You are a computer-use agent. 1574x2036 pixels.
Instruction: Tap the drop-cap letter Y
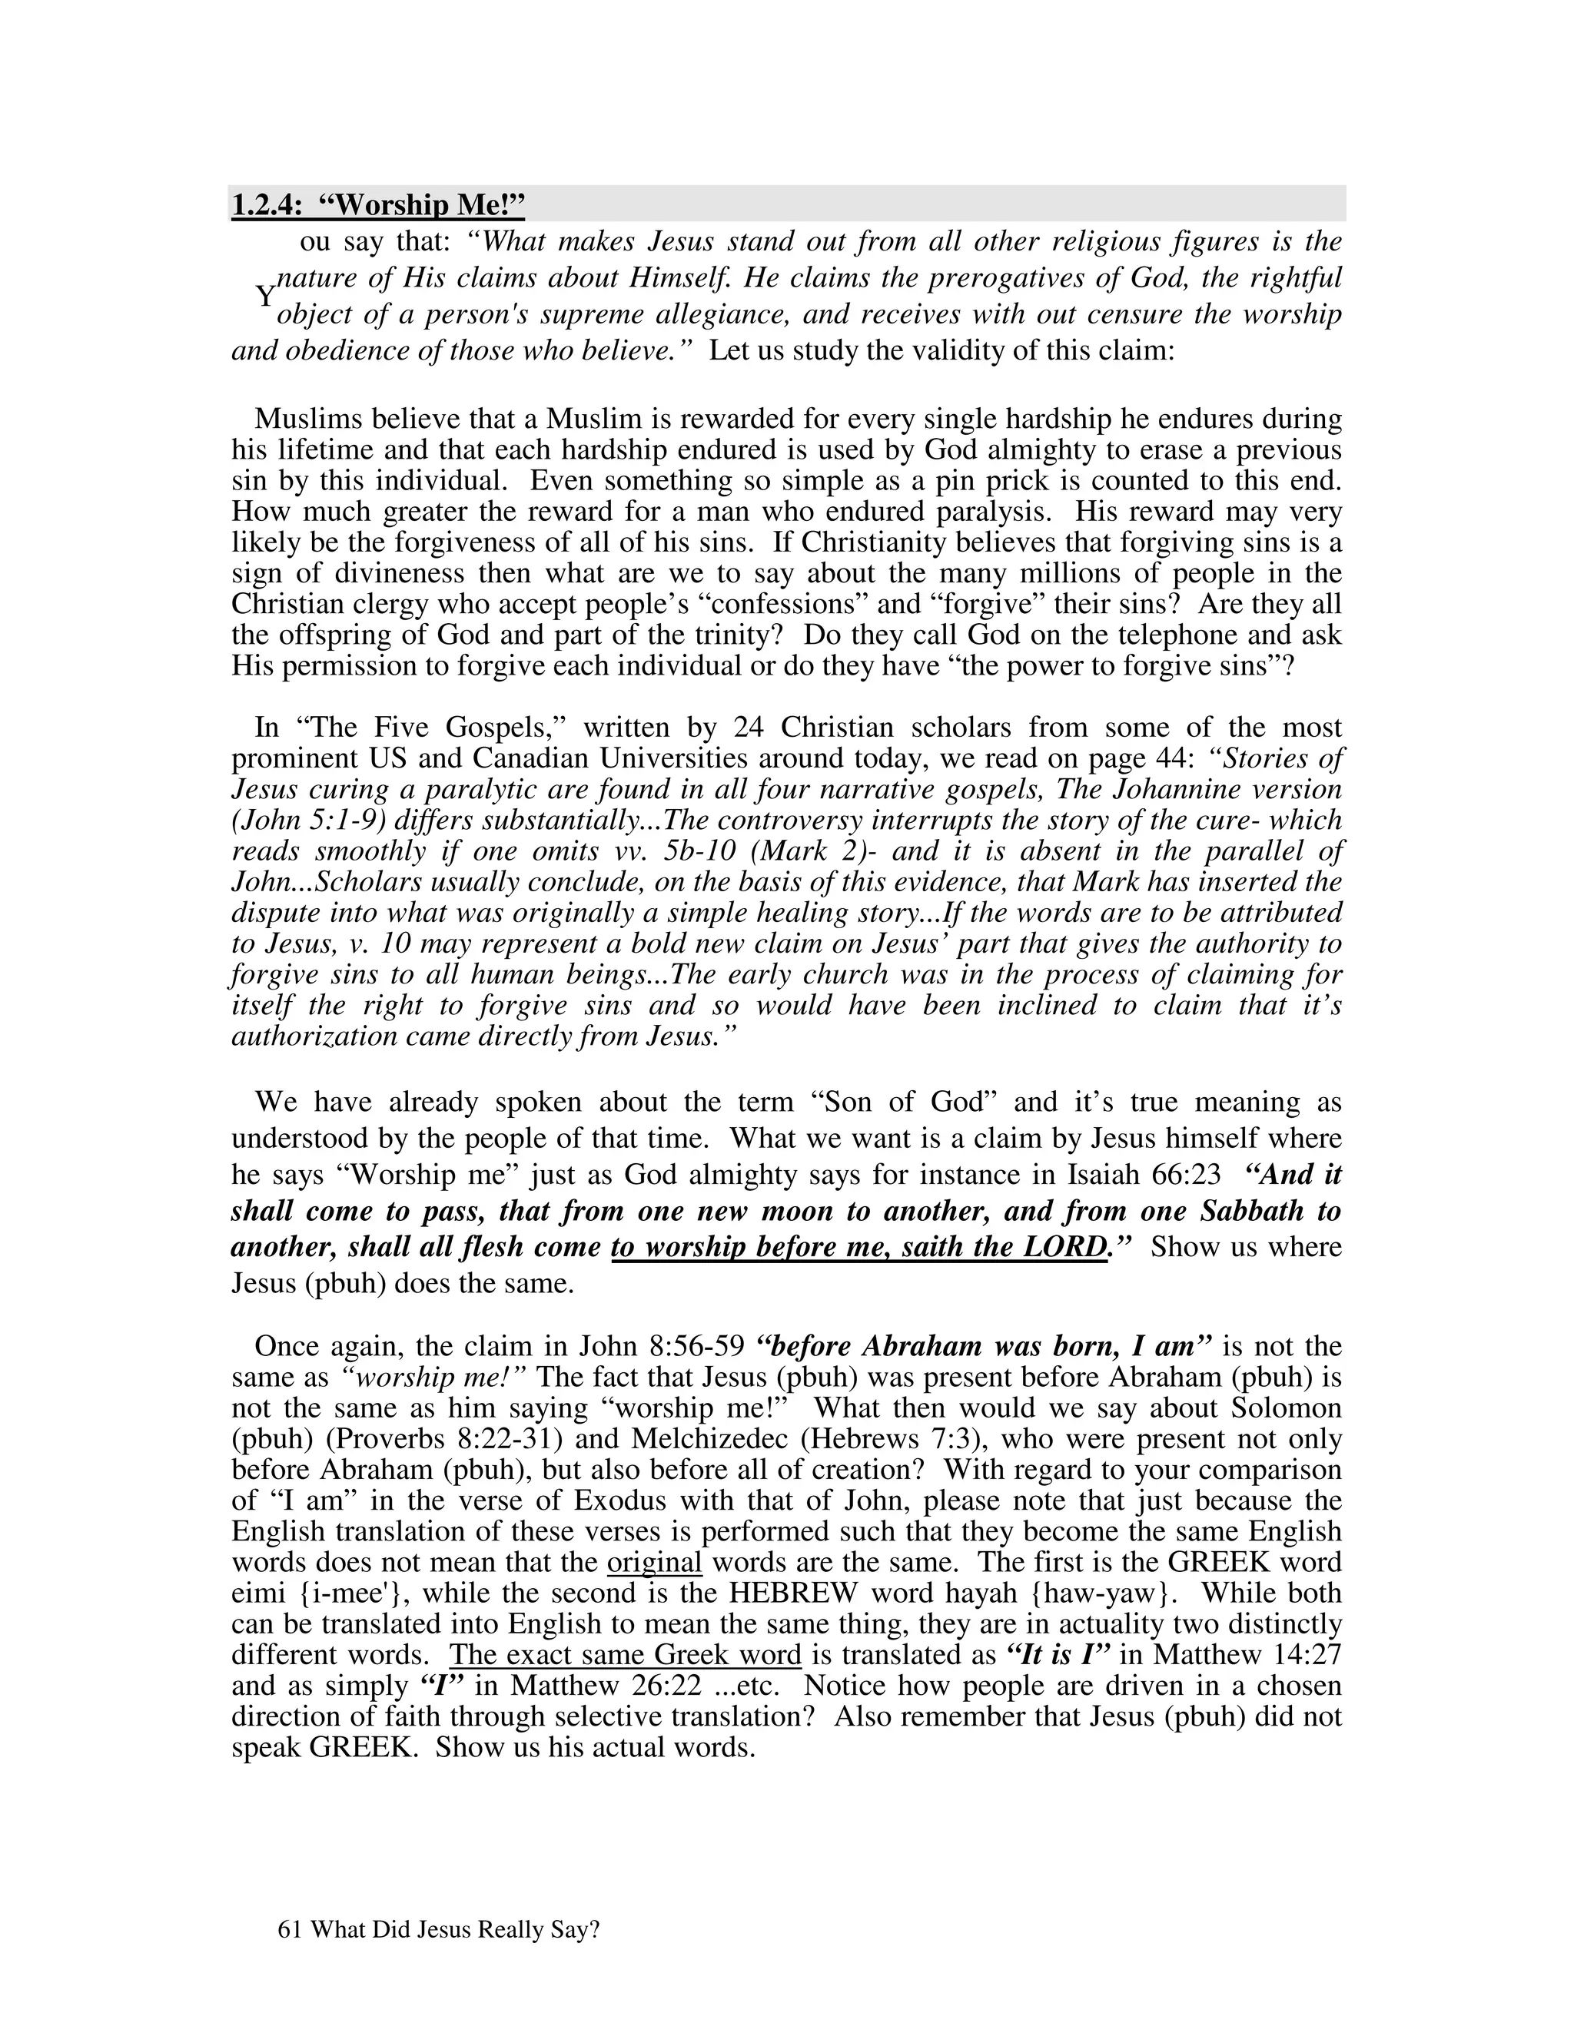(x=266, y=297)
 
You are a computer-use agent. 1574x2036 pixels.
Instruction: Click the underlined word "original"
(x=654, y=1563)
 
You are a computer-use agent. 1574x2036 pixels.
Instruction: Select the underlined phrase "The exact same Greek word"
(x=625, y=1655)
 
